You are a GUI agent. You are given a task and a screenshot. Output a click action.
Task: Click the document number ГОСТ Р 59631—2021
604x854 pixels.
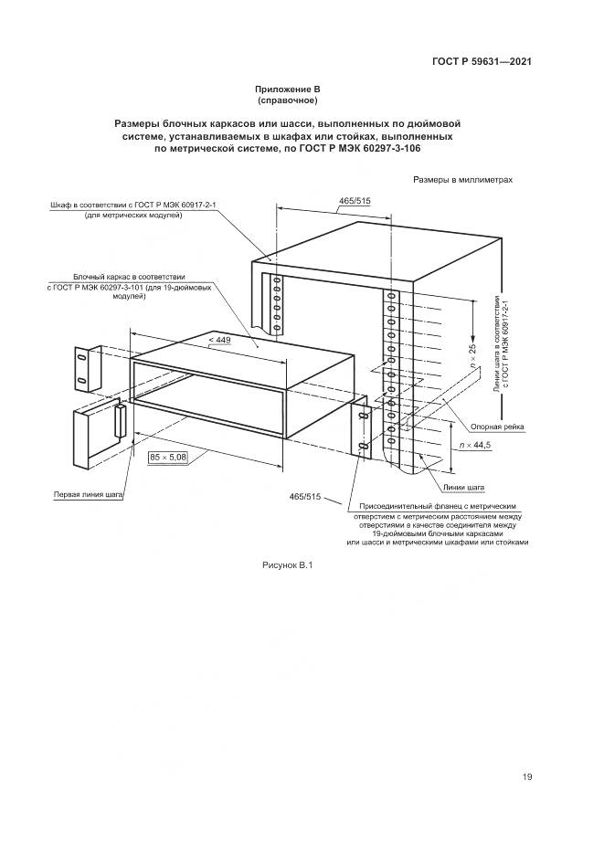482,62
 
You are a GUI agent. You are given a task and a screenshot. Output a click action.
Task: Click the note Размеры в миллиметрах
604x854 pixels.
462,180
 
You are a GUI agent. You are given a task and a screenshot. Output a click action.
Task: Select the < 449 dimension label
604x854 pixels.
220,341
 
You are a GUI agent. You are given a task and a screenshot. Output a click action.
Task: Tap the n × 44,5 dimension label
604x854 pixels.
476,445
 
